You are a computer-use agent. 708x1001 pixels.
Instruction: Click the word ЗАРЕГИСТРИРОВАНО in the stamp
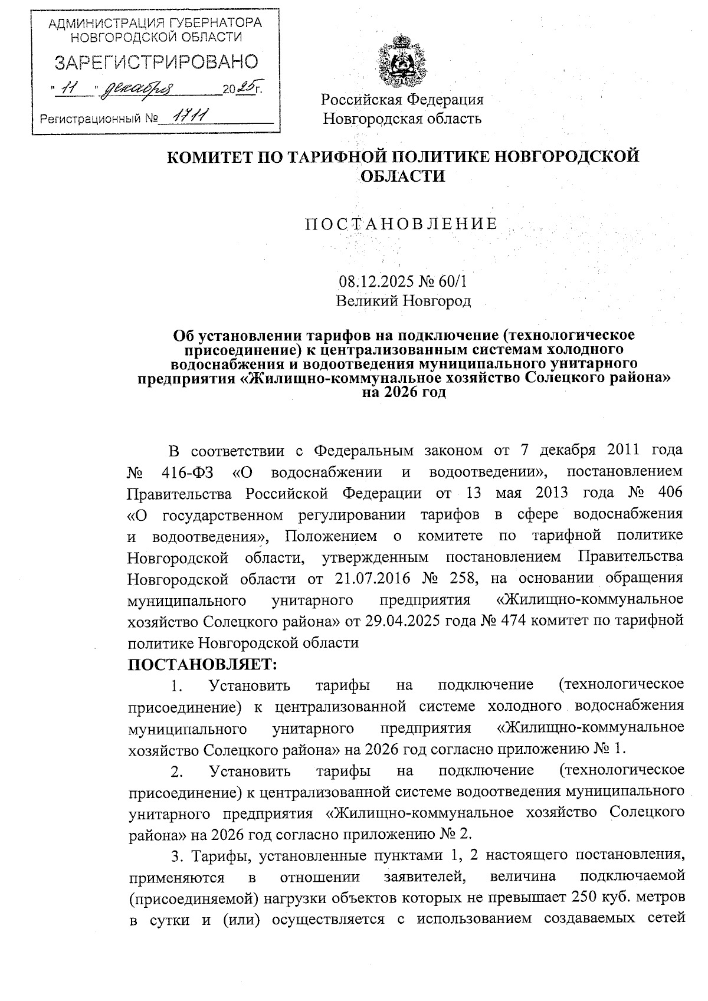tap(156, 63)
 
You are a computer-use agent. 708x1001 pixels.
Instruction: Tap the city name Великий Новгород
tap(403, 301)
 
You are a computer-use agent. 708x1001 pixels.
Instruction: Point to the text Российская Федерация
tap(402, 99)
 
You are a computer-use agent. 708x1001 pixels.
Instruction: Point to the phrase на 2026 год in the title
tap(403, 392)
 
